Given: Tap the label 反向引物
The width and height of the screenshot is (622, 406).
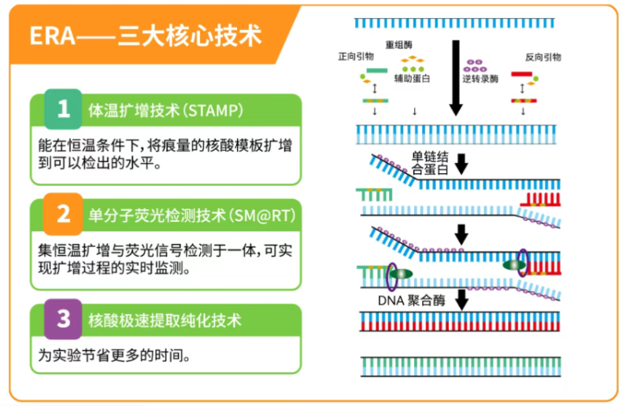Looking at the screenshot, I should click(542, 57).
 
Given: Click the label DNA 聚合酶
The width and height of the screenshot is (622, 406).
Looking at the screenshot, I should click(412, 299).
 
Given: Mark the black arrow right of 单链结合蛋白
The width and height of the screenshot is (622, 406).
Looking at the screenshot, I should click(462, 163).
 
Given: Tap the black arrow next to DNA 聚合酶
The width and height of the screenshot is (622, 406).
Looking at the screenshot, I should click(462, 299).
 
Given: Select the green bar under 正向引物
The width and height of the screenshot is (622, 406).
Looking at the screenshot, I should click(376, 73).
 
